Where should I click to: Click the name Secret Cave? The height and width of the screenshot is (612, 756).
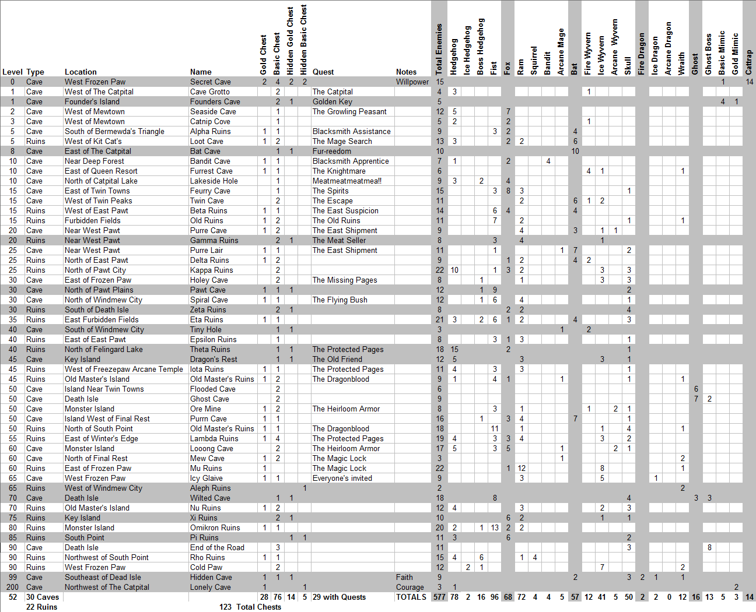tap(210, 82)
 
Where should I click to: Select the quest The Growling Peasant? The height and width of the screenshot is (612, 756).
tap(349, 112)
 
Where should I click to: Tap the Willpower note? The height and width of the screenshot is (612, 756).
tap(412, 82)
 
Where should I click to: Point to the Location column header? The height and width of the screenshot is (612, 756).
tap(80, 72)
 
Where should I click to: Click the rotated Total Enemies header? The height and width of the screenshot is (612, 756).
tap(439, 50)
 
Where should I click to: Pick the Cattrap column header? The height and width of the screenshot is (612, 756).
tap(749, 62)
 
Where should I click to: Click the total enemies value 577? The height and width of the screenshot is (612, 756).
tap(439, 597)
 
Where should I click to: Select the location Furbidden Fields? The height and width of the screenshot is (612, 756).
tap(92, 221)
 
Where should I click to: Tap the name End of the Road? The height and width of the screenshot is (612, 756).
tap(217, 548)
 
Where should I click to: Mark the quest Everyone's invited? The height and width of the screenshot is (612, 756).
tap(342, 479)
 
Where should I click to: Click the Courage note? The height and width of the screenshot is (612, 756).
tap(409, 588)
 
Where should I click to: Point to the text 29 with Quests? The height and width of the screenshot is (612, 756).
tap(339, 597)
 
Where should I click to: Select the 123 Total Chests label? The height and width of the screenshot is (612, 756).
tap(250, 607)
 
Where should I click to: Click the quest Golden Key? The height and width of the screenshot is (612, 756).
tap(332, 102)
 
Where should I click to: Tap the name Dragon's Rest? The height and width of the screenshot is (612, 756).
tap(213, 360)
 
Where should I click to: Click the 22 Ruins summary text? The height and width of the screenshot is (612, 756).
tap(41, 607)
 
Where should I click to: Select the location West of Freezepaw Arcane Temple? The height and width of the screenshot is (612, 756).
tap(124, 370)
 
